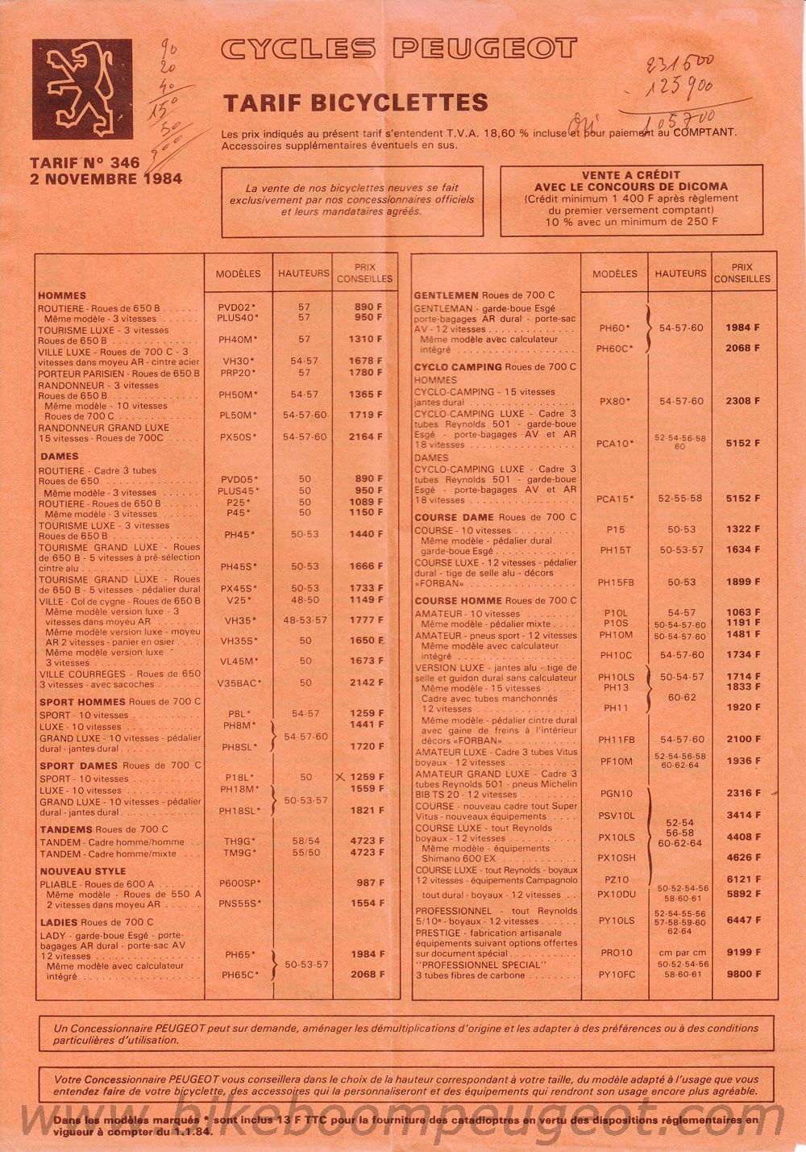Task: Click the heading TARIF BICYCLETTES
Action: click(355, 102)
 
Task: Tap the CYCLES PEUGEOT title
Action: click(399, 50)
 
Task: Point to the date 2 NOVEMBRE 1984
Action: click(106, 179)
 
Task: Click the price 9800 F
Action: click(742, 974)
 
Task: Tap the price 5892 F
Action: click(742, 894)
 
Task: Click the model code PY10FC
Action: click(617, 975)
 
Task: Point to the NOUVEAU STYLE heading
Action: click(83, 871)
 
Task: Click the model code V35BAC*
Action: click(239, 682)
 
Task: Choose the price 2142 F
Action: click(367, 682)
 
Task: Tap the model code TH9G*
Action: click(240, 841)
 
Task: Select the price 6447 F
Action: click(742, 920)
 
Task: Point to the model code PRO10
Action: click(617, 953)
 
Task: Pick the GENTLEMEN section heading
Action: click(446, 295)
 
